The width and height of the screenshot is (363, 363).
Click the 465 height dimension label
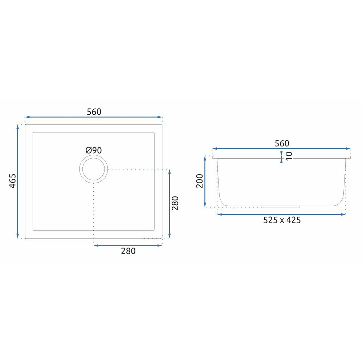(x=13, y=181)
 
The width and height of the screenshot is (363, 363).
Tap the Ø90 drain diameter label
(x=94, y=151)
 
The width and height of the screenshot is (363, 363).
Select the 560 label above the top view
(x=94, y=112)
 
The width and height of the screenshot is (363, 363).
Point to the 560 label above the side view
(x=282, y=143)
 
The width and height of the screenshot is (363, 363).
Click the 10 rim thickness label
(x=289, y=156)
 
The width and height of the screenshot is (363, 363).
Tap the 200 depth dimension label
(x=200, y=181)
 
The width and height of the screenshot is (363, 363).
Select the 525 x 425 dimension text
(x=282, y=220)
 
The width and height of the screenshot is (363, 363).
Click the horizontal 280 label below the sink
(x=128, y=251)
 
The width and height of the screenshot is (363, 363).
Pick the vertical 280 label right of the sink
(x=175, y=203)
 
